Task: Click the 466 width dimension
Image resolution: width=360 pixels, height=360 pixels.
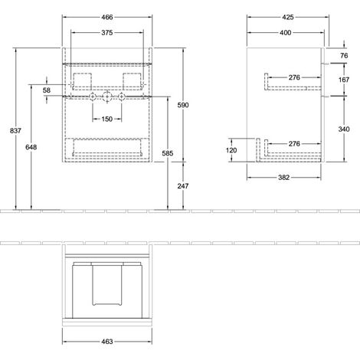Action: pos(107,17)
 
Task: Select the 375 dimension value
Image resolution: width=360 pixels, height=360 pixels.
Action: pos(107,33)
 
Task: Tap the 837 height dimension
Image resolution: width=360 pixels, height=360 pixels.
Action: pos(15,131)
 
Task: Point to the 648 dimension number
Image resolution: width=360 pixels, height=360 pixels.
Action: pos(31,147)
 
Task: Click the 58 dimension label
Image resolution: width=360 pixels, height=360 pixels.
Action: pos(47,90)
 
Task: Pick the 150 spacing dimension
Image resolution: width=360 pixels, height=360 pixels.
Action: pos(107,119)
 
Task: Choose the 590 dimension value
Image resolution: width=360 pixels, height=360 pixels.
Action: pos(183,105)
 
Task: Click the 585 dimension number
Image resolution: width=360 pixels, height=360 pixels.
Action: pos(168,153)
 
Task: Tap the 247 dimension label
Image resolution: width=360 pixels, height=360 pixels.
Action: pos(183,186)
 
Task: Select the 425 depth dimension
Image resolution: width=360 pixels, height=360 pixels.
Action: pos(288,17)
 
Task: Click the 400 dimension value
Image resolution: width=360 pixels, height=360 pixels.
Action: pos(286,33)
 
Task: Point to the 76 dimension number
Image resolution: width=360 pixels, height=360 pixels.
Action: pos(344,55)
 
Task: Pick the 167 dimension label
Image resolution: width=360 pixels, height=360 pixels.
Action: pos(344,80)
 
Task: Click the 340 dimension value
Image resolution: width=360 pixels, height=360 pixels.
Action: pos(344,129)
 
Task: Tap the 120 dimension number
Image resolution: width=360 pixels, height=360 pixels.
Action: pos(231,150)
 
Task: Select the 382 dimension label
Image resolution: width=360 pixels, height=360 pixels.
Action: pos(283,178)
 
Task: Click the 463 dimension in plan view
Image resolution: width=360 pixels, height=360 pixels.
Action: pos(107,342)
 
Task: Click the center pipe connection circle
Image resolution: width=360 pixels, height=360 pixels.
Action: pos(107,97)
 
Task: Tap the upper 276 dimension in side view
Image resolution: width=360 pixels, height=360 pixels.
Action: pos(294,77)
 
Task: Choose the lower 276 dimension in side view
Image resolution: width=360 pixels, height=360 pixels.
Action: pos(294,144)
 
